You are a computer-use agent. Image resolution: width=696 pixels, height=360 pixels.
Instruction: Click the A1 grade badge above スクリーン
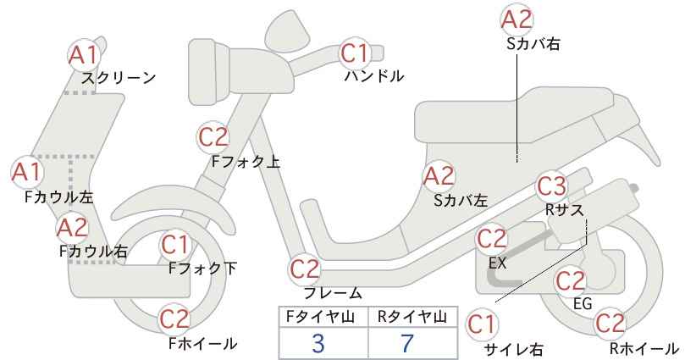(x=83, y=56)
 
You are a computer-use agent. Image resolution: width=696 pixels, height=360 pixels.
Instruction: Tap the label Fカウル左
(x=59, y=197)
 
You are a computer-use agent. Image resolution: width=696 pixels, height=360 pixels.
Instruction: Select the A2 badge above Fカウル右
(x=72, y=228)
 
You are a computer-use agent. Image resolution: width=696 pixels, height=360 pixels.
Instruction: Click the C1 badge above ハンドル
(x=355, y=53)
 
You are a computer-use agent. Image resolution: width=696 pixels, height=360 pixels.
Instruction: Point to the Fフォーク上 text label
(x=246, y=161)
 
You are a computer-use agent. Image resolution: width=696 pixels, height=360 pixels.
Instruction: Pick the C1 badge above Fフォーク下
(x=175, y=245)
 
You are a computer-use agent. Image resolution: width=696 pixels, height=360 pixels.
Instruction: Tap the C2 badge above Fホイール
(x=174, y=318)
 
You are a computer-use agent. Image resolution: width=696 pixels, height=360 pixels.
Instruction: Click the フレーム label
(x=333, y=292)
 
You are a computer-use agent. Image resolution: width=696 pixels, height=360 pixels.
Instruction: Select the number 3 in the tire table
(x=318, y=343)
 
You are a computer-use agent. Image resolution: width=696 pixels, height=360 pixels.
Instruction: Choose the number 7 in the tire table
(x=407, y=343)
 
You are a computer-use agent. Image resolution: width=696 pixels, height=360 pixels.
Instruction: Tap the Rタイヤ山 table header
(x=412, y=317)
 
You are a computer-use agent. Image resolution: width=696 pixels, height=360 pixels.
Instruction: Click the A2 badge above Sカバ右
(x=516, y=20)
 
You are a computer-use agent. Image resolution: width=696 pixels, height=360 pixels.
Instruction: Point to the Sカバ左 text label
(x=461, y=201)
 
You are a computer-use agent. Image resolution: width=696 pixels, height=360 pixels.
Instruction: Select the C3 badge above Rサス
(x=551, y=186)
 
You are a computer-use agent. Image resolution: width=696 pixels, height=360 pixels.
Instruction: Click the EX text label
(x=497, y=263)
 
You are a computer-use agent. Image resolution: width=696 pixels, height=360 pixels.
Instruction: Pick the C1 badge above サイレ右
(x=482, y=324)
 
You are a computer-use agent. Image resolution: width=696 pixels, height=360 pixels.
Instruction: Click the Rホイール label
(x=644, y=348)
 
